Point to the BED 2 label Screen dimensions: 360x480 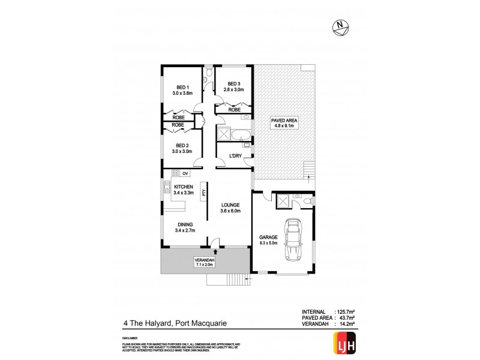(182, 148)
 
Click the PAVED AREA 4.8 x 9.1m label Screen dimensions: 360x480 (284, 123)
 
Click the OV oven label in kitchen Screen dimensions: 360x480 (194, 174)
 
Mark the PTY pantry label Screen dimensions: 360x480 (204, 193)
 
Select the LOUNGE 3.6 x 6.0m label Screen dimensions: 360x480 (231, 207)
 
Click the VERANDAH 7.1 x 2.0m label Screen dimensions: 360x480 (204, 262)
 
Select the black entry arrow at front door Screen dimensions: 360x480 (214, 251)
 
